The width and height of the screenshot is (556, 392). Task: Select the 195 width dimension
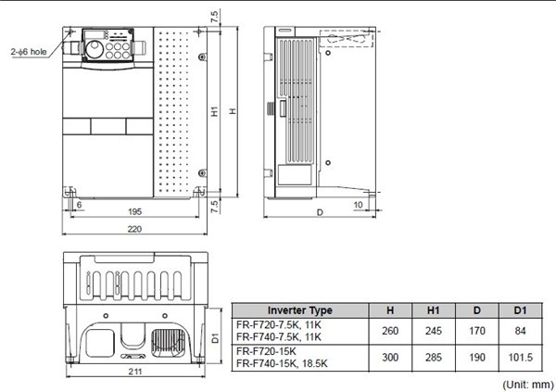point(136,212)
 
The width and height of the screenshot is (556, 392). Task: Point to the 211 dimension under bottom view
point(135,373)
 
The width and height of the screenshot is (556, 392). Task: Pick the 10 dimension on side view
point(357,203)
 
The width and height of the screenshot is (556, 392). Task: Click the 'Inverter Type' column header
point(298,310)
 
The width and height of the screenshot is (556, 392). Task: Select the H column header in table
point(388,310)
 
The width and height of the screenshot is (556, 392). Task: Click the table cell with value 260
point(388,331)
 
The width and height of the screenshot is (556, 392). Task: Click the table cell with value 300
point(388,358)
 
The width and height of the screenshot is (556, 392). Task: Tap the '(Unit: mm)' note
point(526,382)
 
